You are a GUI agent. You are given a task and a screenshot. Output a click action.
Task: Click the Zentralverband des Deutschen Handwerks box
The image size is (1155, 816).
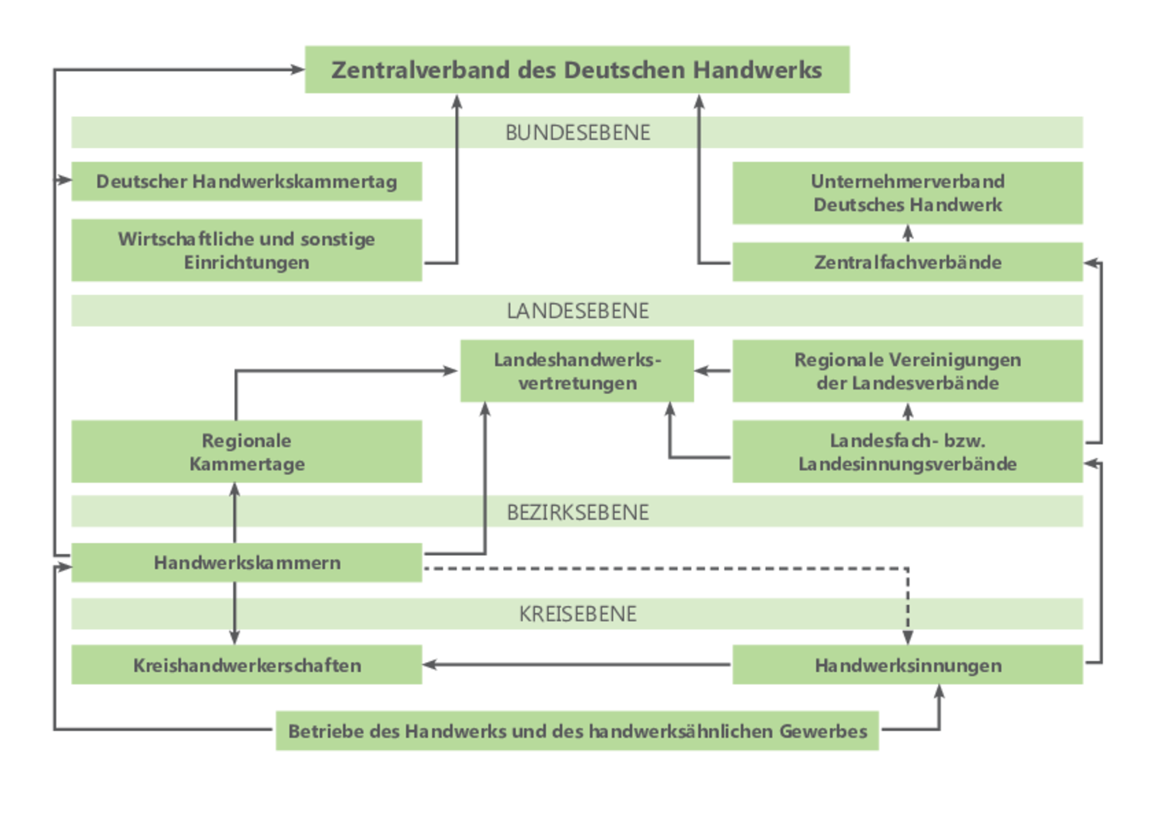click(577, 69)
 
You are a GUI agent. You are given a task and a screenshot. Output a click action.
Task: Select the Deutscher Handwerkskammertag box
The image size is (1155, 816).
click(246, 182)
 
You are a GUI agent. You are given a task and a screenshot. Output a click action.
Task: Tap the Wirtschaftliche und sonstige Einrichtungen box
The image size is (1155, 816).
click(246, 250)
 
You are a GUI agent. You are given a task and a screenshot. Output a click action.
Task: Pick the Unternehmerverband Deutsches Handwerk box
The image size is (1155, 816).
click(907, 193)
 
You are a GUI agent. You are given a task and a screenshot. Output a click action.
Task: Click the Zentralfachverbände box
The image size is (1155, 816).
click(907, 262)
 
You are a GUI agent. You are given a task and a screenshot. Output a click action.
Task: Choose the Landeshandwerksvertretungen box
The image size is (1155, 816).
click(577, 371)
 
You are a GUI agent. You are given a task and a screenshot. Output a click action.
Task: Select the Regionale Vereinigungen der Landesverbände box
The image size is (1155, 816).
click(907, 371)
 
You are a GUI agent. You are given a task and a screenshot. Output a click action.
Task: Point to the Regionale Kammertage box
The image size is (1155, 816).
click(246, 452)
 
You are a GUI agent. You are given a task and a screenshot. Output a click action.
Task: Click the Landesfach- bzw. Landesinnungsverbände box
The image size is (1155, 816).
click(907, 452)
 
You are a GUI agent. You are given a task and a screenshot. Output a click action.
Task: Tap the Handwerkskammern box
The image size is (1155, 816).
click(246, 563)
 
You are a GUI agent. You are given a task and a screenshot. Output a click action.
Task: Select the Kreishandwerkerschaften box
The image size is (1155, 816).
click(246, 665)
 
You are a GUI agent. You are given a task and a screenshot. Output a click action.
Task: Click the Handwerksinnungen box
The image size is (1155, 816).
click(907, 665)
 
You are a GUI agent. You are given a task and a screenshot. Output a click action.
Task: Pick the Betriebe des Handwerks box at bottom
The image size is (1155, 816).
click(577, 731)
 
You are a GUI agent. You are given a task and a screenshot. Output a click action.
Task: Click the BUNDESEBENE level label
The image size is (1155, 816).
click(577, 132)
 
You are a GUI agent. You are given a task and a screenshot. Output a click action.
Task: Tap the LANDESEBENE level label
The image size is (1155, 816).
click(577, 311)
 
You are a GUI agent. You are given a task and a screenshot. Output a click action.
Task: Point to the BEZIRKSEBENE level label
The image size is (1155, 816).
click(577, 513)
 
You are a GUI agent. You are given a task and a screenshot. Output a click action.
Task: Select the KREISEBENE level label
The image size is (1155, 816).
click(577, 614)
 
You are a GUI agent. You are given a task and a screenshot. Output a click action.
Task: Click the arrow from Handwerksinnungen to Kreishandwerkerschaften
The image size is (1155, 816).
click(577, 664)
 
